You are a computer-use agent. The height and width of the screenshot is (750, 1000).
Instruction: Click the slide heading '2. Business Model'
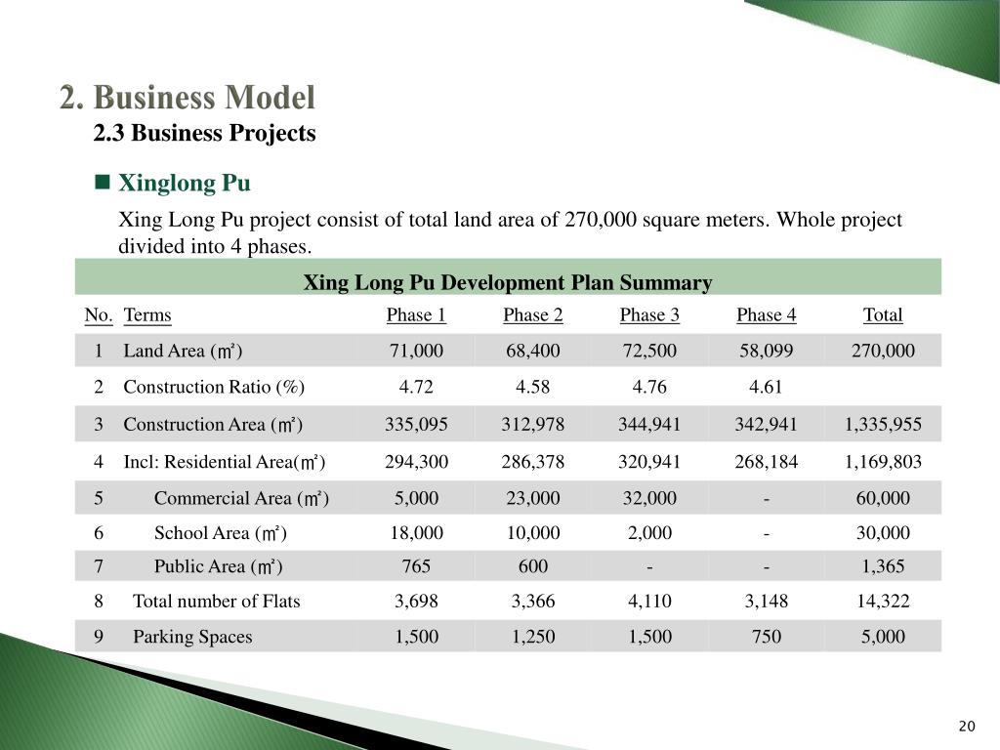tap(187, 98)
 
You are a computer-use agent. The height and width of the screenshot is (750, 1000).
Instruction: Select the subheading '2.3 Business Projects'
tap(205, 133)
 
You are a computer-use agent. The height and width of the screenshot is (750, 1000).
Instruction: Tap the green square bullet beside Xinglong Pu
tap(102, 183)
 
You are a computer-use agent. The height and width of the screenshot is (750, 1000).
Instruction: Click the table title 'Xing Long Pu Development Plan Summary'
tap(508, 282)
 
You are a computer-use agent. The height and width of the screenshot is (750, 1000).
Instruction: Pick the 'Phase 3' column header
tap(649, 315)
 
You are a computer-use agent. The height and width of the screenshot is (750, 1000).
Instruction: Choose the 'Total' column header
tap(883, 315)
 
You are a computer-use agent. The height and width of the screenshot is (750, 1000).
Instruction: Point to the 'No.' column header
tap(99, 315)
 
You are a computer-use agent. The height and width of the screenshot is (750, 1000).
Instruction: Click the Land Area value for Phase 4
tap(766, 351)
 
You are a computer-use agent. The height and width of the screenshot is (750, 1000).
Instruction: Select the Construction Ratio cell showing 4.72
tap(416, 387)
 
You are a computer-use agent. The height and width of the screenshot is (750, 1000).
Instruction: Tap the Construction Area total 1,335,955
tap(883, 424)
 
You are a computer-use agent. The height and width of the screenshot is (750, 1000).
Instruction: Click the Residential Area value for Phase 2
tap(532, 462)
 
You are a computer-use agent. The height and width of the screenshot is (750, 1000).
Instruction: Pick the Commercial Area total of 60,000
tap(883, 498)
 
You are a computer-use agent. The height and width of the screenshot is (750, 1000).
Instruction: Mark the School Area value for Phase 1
tap(416, 533)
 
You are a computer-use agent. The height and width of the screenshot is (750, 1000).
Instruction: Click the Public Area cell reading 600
tap(532, 566)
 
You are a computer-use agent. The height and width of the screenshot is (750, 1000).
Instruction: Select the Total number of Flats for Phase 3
tap(649, 602)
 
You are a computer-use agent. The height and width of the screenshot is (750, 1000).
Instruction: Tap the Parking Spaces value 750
tap(766, 637)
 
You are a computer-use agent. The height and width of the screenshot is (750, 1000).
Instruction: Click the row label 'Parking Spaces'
tap(192, 637)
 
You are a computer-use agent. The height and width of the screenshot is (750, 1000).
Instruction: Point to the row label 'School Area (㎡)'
tap(221, 533)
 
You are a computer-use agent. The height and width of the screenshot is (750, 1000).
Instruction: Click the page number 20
tap(967, 727)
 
